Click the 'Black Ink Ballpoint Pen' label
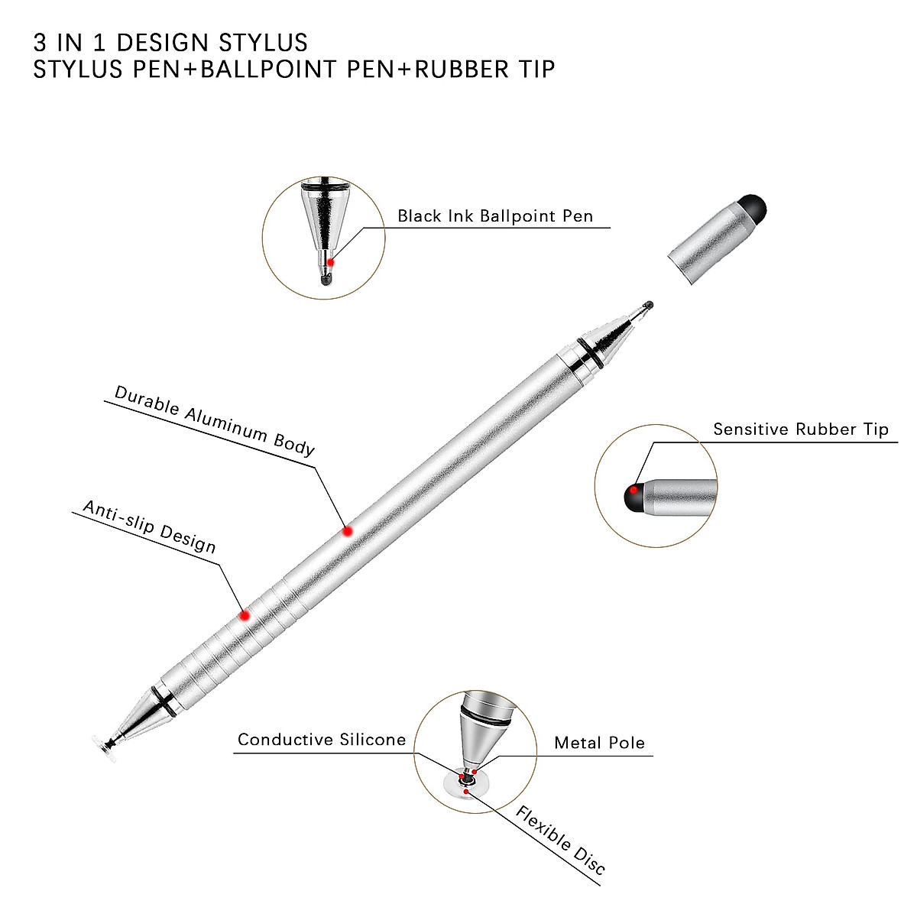click(x=495, y=216)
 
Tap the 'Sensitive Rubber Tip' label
click(x=800, y=429)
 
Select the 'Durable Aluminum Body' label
click(x=215, y=420)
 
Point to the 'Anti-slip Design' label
click(x=150, y=527)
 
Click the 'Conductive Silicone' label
click(x=322, y=740)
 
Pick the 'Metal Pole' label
click(x=600, y=743)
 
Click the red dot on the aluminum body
click(x=348, y=531)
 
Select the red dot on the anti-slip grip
click(x=245, y=616)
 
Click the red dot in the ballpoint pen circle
click(x=330, y=262)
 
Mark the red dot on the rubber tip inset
click(x=633, y=490)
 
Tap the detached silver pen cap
click(x=717, y=239)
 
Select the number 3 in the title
click(x=40, y=43)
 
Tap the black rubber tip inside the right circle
click(x=633, y=497)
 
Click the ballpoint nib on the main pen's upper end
click(x=648, y=306)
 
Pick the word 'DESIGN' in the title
click(x=163, y=43)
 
